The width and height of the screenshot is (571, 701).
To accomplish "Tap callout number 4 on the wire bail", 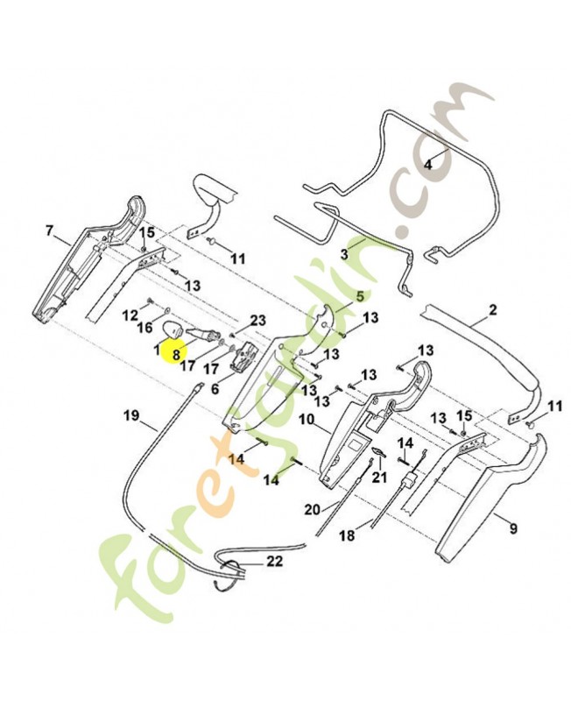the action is tap(428, 165).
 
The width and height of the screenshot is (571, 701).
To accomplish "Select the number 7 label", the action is tap(49, 230).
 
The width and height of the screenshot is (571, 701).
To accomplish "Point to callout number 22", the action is tap(274, 561).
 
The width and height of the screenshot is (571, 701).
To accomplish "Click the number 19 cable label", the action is tap(132, 415).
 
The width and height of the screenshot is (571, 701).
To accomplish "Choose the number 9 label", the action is tap(513, 529).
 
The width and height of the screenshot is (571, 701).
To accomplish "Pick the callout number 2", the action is tap(492, 309).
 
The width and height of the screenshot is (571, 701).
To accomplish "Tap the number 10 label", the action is tap(307, 420).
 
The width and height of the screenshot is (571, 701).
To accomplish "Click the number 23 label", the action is tap(257, 320).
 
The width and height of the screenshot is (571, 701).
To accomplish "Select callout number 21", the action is tap(379, 478).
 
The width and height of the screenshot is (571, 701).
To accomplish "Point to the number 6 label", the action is tap(215, 389).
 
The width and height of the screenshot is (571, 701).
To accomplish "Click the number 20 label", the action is tap(313, 509).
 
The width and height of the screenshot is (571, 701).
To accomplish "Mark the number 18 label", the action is tap(347, 535).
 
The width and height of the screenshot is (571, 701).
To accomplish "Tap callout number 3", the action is tap(344, 255).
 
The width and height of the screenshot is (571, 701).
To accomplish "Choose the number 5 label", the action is tap(360, 295).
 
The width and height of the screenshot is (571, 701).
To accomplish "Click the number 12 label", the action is tap(130, 315).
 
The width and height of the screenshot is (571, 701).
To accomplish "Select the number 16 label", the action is tap(145, 328).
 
